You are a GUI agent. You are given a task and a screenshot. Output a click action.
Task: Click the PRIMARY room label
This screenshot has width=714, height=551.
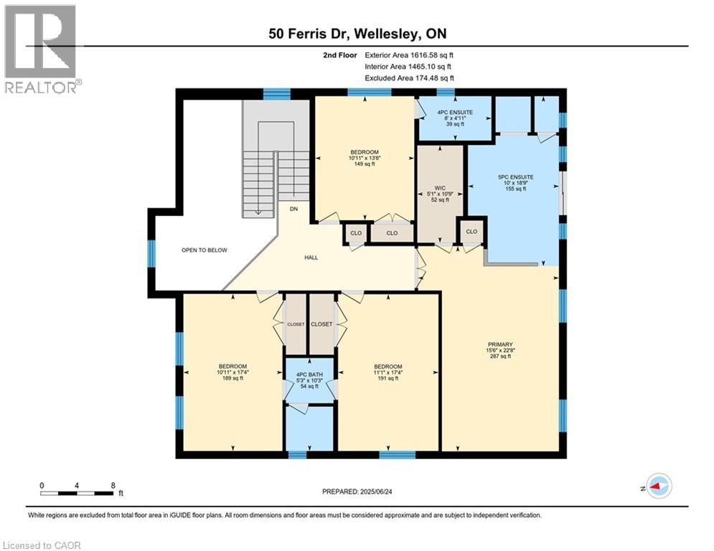500,344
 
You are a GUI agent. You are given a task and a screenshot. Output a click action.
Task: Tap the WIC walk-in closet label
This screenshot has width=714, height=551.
440,188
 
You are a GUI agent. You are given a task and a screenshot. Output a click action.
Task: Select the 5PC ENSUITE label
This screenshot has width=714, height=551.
515,177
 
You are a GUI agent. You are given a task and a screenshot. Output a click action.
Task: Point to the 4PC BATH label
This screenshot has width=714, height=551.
309,375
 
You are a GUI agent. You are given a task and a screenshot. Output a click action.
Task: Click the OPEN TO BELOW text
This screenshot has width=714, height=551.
204,250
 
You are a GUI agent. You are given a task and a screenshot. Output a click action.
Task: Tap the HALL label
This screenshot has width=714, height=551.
311,258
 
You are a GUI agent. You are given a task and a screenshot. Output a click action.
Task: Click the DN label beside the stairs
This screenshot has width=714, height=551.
293,209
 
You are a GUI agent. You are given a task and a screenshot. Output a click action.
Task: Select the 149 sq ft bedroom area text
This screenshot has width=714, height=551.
365,164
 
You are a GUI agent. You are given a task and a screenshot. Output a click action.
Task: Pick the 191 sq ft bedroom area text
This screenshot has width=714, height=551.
388,378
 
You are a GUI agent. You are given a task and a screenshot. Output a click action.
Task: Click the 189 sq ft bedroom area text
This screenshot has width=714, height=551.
232,378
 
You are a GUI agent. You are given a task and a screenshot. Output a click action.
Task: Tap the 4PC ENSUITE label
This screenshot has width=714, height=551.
455,113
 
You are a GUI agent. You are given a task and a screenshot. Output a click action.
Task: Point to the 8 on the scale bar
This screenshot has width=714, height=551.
113,486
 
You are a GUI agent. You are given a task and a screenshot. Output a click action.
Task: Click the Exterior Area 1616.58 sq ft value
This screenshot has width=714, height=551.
409,55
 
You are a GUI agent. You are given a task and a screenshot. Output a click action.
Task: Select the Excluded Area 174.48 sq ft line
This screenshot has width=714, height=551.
409,78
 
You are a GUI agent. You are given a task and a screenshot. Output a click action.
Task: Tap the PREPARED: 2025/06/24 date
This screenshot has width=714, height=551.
357,491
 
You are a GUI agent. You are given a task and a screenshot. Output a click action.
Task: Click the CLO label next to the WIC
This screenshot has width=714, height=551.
471,232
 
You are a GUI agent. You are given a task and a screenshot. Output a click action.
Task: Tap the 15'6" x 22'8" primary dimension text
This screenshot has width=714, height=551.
500,351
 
